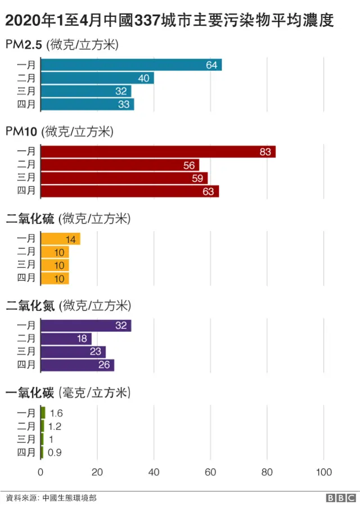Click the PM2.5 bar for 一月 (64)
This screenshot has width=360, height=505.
131,65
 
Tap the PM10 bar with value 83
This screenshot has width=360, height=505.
158,151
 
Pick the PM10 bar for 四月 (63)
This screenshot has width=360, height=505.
130,191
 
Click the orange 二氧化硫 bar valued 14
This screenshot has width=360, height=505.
60,239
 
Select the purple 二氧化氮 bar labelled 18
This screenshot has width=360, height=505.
66,339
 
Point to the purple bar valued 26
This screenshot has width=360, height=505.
78,365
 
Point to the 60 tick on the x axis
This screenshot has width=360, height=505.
210,471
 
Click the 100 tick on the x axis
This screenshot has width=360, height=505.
323,471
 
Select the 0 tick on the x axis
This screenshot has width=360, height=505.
41,471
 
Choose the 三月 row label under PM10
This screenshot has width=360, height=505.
26,178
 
